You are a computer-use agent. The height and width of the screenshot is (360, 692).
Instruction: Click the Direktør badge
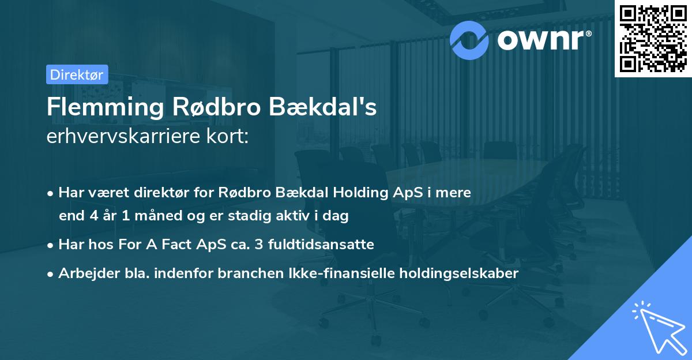77,74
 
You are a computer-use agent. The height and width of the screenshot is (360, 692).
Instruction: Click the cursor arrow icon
656,327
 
